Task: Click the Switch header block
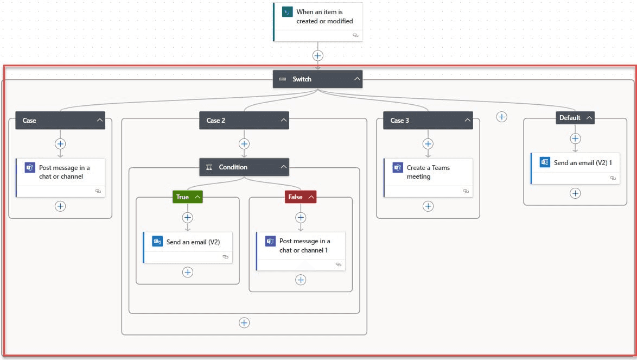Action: coord(317,79)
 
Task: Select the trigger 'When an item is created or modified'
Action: coord(318,22)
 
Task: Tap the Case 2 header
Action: coord(244,120)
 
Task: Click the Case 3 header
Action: coord(428,120)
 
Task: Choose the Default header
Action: coord(575,118)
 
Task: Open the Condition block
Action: coord(244,167)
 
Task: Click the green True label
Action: coord(187,197)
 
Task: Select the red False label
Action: coord(300,197)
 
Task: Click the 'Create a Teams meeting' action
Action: coord(428,178)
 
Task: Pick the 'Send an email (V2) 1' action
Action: coord(575,168)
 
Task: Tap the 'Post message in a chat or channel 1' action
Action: coord(301,251)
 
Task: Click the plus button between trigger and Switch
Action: coord(318,56)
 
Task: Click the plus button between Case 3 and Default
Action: coord(502,117)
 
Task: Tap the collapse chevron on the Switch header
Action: coord(356,79)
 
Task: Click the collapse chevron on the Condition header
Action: coord(283,167)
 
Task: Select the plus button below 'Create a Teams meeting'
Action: coord(428,206)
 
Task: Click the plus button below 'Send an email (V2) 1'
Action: coord(575,193)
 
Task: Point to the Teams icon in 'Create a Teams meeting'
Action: coord(397,167)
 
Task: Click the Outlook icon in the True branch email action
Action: coord(157,241)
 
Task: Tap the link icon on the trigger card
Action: coord(355,35)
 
